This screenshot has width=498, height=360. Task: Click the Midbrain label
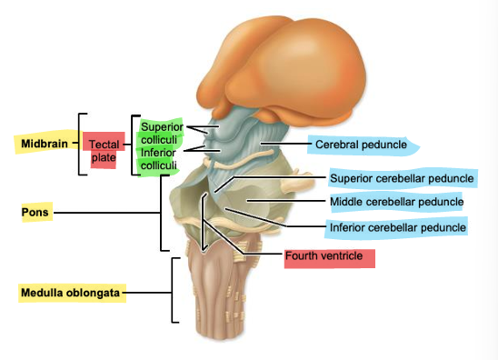click(43, 143)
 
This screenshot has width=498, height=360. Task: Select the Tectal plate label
click(104, 152)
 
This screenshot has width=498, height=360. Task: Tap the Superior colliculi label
click(163, 132)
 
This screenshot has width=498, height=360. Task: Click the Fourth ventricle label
click(324, 256)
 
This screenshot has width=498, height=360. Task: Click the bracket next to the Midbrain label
click(81, 144)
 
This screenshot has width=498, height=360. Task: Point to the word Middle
click(348, 202)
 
